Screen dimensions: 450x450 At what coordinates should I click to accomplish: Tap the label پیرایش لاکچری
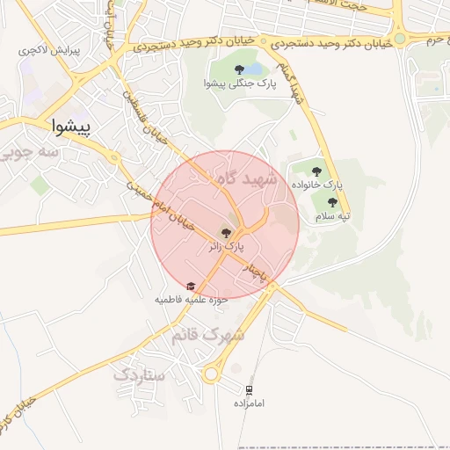pyautogui.click(x=49, y=51)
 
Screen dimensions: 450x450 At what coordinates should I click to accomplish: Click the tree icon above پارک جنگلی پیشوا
pyautogui.click(x=239, y=69)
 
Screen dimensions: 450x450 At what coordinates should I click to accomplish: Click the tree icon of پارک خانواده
pyautogui.click(x=317, y=171)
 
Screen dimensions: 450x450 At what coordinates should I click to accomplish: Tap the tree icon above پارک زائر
pyautogui.click(x=226, y=233)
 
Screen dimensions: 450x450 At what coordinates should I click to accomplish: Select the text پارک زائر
pyautogui.click(x=226, y=247)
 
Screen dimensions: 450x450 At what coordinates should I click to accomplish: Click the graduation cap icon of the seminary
pyautogui.click(x=191, y=286)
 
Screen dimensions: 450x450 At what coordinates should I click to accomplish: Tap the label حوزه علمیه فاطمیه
pyautogui.click(x=192, y=300)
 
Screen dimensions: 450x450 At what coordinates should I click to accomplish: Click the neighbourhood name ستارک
pyautogui.click(x=138, y=374)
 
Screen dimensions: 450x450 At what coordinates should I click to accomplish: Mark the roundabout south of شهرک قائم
pyautogui.click(x=211, y=374)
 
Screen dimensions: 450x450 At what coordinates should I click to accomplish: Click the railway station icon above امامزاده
pyautogui.click(x=250, y=389)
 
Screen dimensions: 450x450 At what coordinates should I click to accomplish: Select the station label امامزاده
pyautogui.click(x=250, y=403)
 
